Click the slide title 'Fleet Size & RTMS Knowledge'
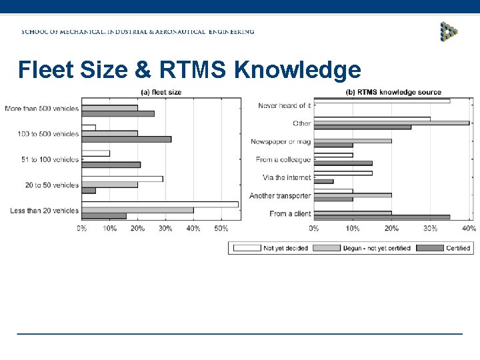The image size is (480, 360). (x=189, y=69)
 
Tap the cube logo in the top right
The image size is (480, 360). (x=449, y=31)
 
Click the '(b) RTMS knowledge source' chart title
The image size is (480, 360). (x=393, y=92)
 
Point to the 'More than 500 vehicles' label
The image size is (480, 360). (x=41, y=108)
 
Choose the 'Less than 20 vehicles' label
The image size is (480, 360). (x=44, y=211)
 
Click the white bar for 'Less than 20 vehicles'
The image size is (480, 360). (x=160, y=205)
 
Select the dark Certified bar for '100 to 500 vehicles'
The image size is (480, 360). (x=126, y=139)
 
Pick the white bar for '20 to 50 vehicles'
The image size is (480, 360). (x=122, y=179)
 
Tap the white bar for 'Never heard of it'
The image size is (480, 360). (x=381, y=101)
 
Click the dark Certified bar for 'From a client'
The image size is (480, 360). (x=381, y=217)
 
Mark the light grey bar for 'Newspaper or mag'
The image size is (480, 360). (x=352, y=141)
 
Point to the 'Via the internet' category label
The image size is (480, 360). (x=287, y=178)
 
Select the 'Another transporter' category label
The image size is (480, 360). (x=280, y=196)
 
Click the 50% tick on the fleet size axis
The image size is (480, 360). (x=221, y=229)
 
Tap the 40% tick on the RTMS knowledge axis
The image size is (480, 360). (x=469, y=229)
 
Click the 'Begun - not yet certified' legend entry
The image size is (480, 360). (x=376, y=248)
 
